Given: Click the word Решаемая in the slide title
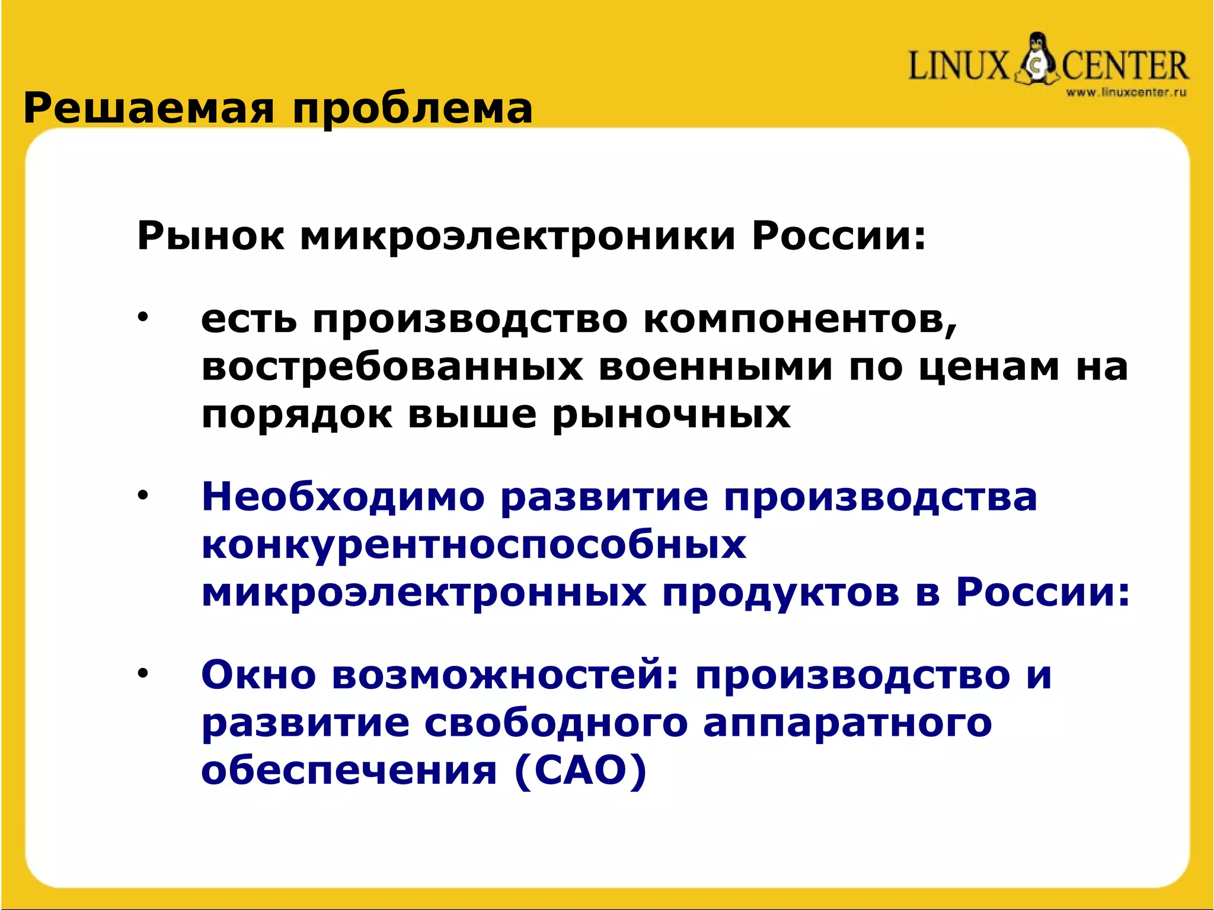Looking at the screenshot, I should click(149, 110).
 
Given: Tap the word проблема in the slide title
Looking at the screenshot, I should click(413, 110).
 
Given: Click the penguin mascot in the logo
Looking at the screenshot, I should click(1036, 59).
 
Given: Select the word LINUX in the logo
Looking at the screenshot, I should click(958, 66).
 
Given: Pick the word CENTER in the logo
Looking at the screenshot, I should click(1124, 66).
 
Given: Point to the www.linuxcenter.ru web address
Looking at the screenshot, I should click(1126, 92).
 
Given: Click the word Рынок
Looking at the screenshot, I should click(210, 237).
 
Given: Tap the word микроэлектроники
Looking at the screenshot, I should click(517, 237).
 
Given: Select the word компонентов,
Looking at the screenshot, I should click(800, 320).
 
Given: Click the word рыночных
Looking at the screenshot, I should click(672, 415).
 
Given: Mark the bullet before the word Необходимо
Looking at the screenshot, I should click(142, 495).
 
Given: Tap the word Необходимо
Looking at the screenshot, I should click(343, 497).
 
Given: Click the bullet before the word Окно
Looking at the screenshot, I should click(142, 673).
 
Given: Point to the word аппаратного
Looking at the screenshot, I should click(847, 724).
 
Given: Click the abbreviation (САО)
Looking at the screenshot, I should click(580, 771).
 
